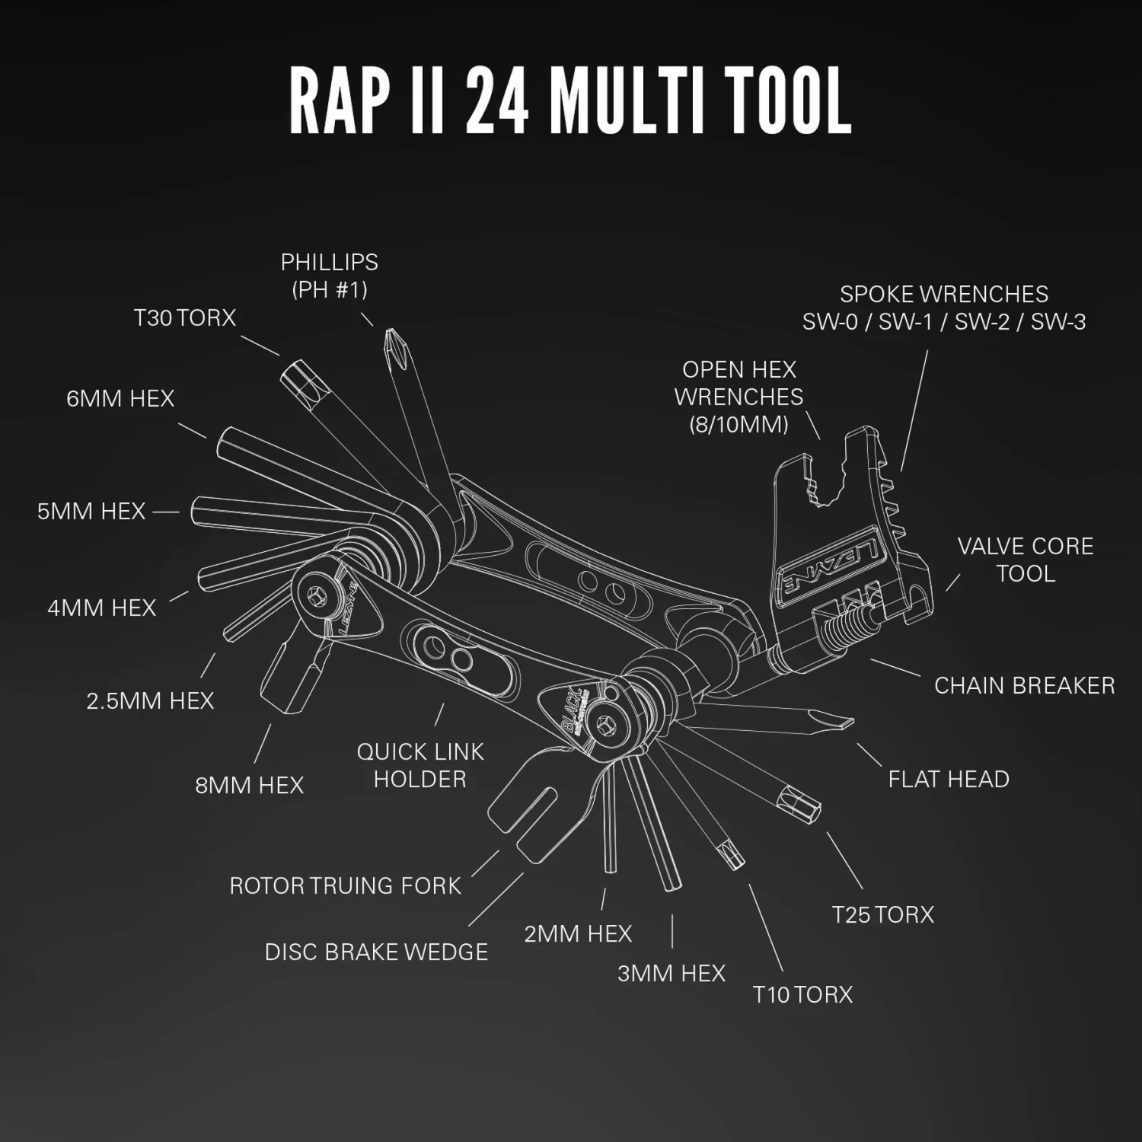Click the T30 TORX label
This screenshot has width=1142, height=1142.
(x=185, y=317)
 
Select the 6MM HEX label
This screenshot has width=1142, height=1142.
(x=120, y=398)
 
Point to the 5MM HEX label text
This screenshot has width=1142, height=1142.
(x=91, y=511)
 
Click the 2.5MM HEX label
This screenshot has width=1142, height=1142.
(x=150, y=700)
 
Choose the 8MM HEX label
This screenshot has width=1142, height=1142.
(x=249, y=785)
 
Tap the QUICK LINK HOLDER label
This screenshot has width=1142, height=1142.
(x=420, y=765)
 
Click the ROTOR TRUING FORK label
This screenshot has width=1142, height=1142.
(x=345, y=885)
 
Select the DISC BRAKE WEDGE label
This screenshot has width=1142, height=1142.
(x=376, y=952)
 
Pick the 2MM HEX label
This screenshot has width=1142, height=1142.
(x=578, y=933)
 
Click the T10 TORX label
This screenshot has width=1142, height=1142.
(x=802, y=994)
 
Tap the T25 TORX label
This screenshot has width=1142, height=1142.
(x=882, y=914)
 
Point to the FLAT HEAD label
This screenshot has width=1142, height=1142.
(x=949, y=779)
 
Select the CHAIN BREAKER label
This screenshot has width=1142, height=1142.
(x=1024, y=685)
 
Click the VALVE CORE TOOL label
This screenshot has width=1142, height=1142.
(x=1025, y=560)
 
